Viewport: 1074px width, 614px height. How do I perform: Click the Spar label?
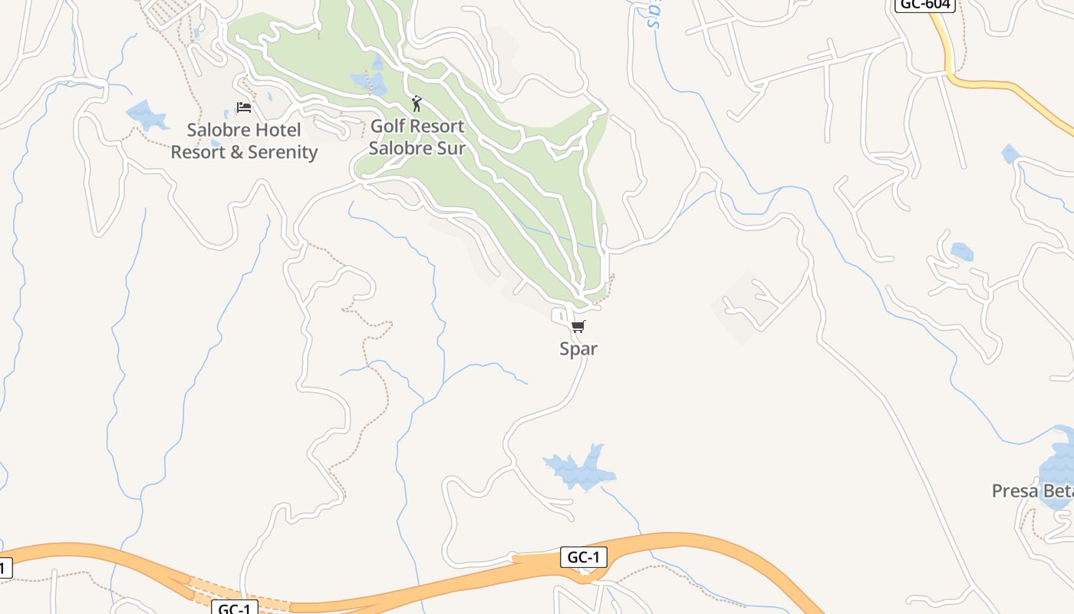578,349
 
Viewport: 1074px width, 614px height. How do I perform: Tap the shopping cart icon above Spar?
578,327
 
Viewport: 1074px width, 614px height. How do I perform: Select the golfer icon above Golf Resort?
417,104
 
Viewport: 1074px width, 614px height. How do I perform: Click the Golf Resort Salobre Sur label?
417,137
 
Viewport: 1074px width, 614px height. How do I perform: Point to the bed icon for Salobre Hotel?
244,107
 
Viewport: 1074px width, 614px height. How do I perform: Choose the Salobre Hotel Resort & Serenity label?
244,141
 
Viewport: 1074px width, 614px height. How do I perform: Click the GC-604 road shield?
924,4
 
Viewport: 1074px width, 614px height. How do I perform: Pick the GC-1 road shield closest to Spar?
584,557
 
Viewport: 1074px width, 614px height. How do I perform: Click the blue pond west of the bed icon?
146,115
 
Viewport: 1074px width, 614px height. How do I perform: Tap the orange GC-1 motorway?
690,542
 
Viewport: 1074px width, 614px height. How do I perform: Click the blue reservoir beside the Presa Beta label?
1059,468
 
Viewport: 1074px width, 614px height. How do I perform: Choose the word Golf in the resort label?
387,126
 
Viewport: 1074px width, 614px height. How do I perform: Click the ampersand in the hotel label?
229,153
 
